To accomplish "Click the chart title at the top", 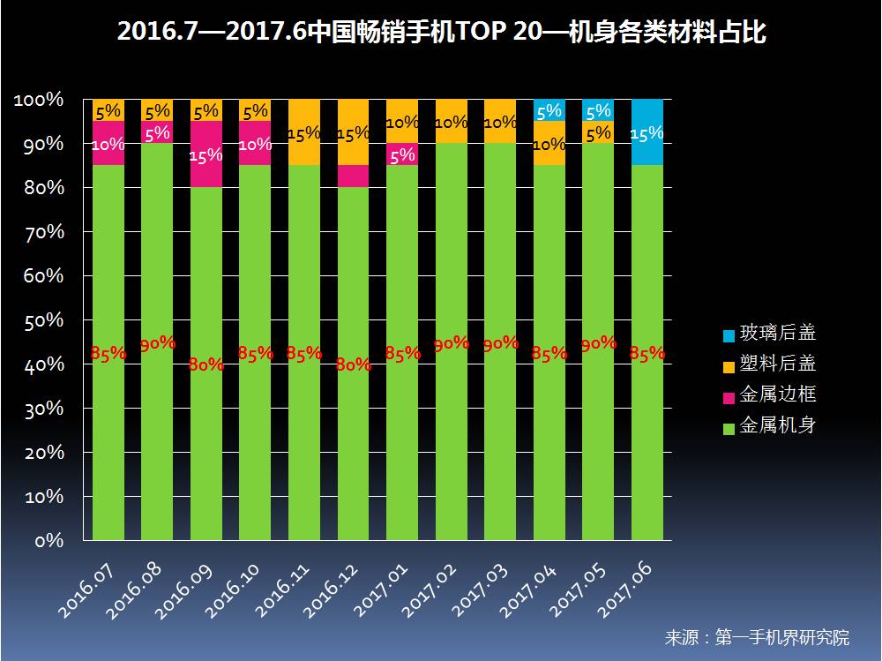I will pos(441,33).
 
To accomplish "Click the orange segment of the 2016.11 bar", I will pos(304,132).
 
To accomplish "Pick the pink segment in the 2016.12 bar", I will pos(354,177).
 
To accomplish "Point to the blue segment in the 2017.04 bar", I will pos(549,110).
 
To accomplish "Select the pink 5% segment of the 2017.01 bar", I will pos(402,154).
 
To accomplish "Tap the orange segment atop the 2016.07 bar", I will pos(108,110).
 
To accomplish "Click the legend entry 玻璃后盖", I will pos(776,334).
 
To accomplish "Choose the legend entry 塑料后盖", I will pos(776,364).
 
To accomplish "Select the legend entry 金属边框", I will pos(776,394).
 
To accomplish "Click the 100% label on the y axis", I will pos(40,101).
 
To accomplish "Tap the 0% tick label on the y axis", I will pos(50,541).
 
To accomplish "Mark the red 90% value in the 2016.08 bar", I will pos(158,343).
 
